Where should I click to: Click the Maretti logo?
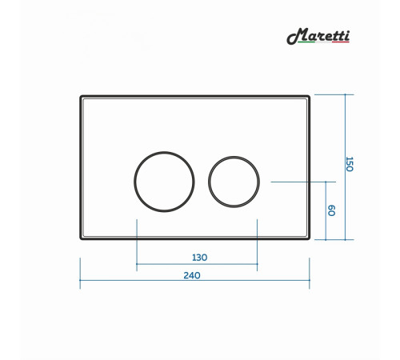click(x=318, y=36)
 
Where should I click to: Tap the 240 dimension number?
click(x=192, y=275)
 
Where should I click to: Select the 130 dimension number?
click(x=200, y=258)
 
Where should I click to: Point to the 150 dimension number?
click(x=349, y=164)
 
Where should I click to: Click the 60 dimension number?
click(x=331, y=210)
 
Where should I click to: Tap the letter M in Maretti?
click(x=297, y=36)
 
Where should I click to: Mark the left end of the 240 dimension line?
click(x=80, y=280)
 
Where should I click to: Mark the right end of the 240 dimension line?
click(x=310, y=280)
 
